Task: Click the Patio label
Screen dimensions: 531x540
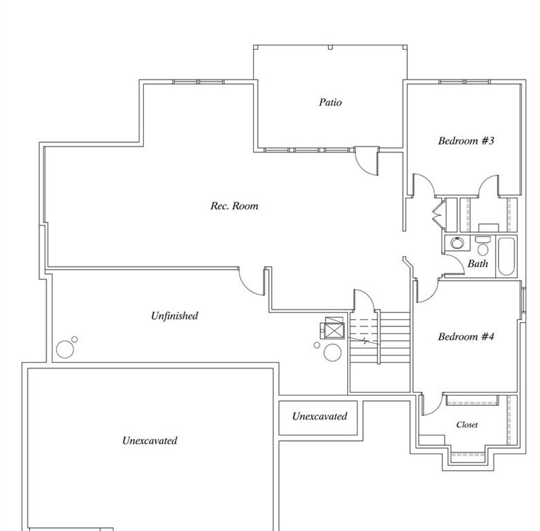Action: click(330, 102)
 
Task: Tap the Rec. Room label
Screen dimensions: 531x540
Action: click(234, 206)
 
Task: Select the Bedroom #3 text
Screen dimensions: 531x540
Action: click(466, 141)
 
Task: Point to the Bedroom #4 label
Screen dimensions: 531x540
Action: click(466, 337)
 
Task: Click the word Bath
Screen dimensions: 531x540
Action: click(478, 263)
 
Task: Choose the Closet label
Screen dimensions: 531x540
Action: click(467, 425)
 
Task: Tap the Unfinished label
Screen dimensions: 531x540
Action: click(174, 316)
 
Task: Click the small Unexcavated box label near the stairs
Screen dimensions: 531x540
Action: click(319, 416)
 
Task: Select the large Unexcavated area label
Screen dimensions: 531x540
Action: click(149, 440)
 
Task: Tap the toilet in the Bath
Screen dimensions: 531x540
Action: click(483, 247)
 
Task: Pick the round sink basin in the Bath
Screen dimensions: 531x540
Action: click(457, 243)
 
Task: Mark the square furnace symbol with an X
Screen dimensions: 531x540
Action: click(334, 330)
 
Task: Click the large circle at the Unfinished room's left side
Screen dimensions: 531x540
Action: click(65, 349)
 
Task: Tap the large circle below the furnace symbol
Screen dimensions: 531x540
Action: click(333, 351)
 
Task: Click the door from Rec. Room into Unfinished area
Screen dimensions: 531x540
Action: click(252, 280)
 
